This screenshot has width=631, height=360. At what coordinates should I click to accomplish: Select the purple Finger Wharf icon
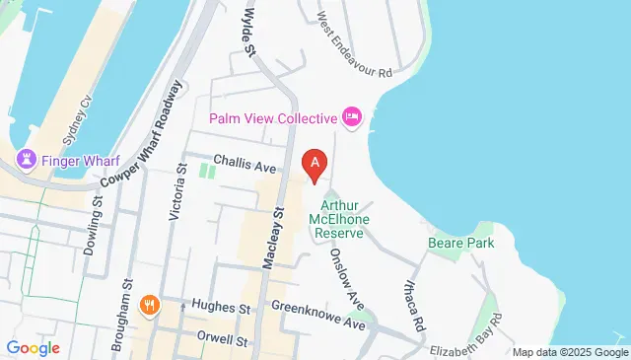(x=26, y=159)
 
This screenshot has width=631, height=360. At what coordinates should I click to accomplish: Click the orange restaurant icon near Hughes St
(x=150, y=305)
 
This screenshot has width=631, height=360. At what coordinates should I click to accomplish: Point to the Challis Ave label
(x=245, y=168)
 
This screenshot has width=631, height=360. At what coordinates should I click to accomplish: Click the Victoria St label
(x=178, y=192)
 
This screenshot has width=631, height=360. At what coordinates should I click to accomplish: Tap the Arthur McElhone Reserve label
(x=337, y=218)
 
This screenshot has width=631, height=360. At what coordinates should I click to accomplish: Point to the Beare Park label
(x=460, y=242)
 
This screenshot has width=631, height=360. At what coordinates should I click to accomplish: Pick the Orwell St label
(x=221, y=341)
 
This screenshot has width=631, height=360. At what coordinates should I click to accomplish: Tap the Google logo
(x=33, y=347)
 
